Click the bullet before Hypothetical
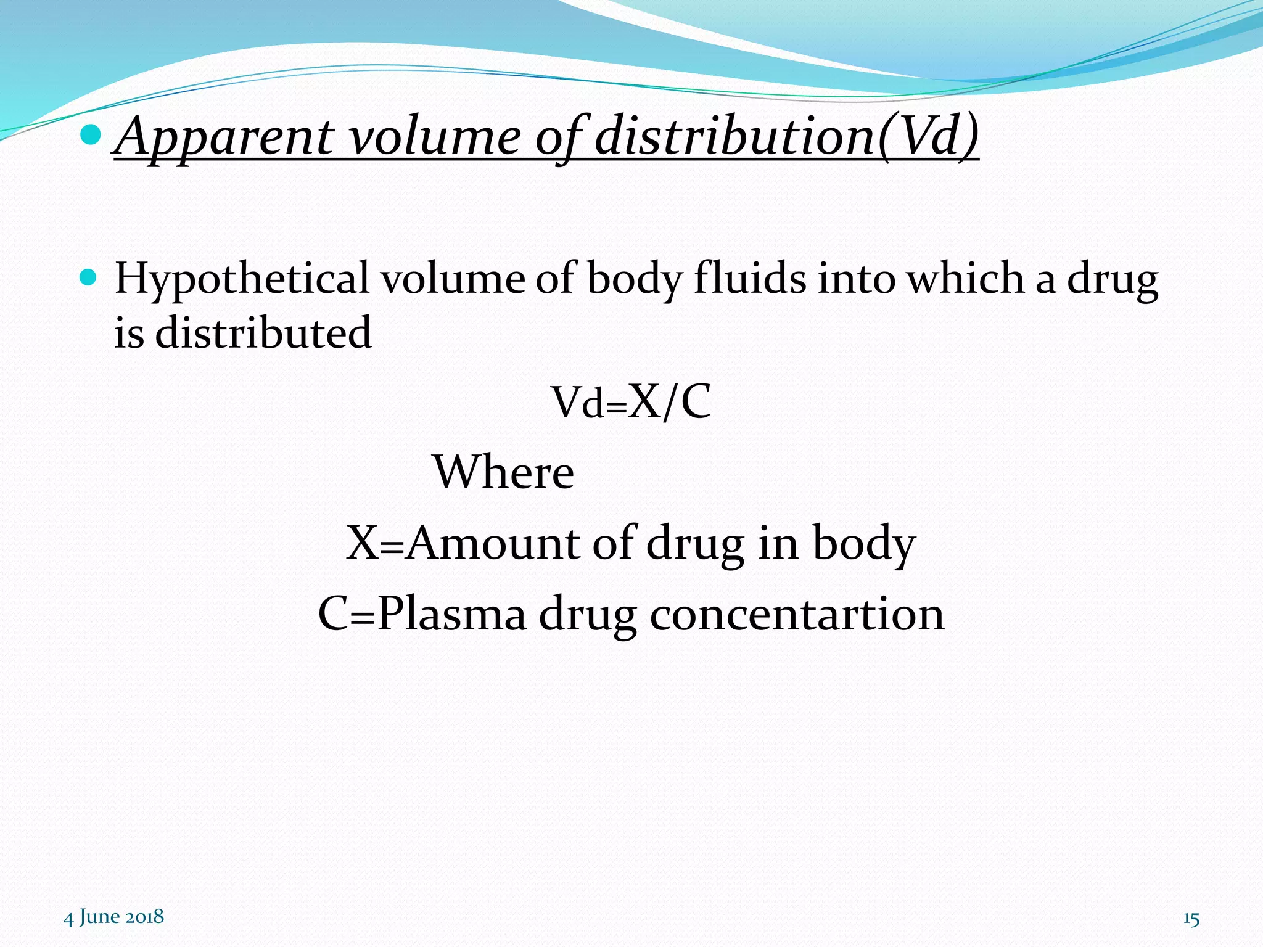(x=90, y=278)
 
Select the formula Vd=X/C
(x=631, y=402)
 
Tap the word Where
(x=504, y=472)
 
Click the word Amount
(x=493, y=543)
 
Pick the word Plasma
(x=452, y=614)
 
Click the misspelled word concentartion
(x=797, y=614)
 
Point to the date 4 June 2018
(x=114, y=917)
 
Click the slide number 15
(x=1191, y=919)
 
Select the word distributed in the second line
(x=263, y=333)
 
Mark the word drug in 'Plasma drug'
(x=588, y=615)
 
